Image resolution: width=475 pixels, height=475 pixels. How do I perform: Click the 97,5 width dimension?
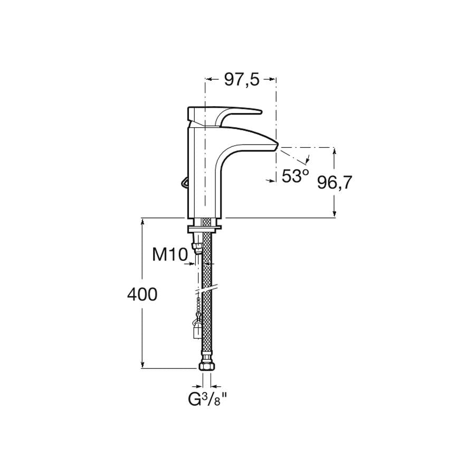click(242, 80)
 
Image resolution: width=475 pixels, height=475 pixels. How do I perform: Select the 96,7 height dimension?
click(335, 183)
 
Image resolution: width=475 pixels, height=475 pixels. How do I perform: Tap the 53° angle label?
click(296, 176)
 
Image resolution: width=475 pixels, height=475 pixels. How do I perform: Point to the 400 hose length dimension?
click(142, 294)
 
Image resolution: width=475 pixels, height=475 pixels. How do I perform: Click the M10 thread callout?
click(169, 254)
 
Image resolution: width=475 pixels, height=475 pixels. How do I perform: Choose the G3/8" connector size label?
click(208, 400)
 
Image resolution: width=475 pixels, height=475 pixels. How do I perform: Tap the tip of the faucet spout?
click(276, 146)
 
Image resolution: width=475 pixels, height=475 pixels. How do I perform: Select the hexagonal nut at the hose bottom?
click(206, 366)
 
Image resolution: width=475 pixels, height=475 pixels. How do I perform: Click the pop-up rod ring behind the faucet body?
click(184, 183)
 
